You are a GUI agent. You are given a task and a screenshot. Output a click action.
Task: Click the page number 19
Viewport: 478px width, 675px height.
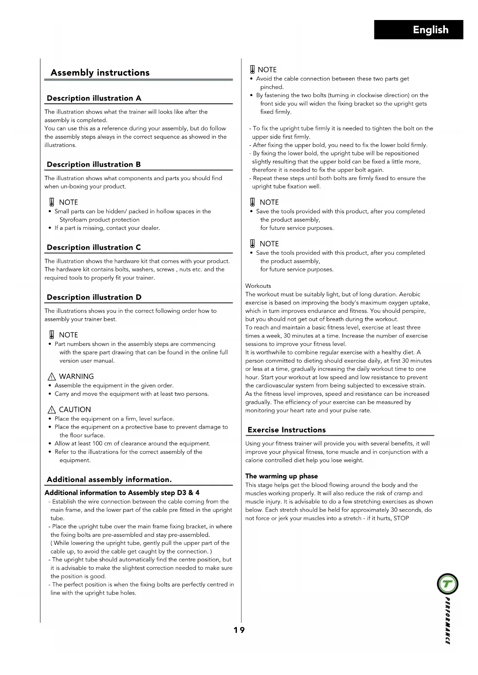tap(239, 630)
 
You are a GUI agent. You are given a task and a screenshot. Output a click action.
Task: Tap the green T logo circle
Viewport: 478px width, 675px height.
tap(448, 584)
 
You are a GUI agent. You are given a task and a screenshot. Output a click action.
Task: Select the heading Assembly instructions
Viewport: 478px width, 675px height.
tap(100, 73)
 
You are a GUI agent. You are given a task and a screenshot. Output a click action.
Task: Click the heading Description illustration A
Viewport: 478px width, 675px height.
tap(94, 98)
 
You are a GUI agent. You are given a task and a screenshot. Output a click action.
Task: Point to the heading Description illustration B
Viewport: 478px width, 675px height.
tap(94, 164)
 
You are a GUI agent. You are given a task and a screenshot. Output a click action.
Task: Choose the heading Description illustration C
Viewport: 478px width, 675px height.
tap(94, 247)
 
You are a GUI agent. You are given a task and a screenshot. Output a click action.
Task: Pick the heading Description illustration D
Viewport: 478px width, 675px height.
tap(94, 297)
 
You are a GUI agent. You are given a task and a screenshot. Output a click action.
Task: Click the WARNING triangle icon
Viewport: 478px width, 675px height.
tap(52, 377)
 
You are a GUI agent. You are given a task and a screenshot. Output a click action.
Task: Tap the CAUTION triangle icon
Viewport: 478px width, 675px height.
tap(52, 410)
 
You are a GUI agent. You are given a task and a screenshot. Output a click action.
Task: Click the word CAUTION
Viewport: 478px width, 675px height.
tap(75, 409)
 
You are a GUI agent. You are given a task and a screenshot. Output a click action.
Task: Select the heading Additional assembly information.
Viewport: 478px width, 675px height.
tap(109, 480)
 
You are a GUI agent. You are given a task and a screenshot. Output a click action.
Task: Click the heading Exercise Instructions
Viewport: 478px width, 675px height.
tap(287, 430)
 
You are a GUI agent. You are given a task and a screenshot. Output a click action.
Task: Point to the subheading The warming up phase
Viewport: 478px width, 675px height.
tap(282, 476)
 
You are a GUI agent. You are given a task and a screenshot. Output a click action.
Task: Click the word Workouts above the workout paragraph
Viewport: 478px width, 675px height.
tap(258, 286)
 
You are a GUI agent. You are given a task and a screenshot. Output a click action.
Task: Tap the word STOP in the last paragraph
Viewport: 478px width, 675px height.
tap(401, 518)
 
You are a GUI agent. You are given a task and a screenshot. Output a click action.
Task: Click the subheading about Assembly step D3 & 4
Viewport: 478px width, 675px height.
tap(122, 493)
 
